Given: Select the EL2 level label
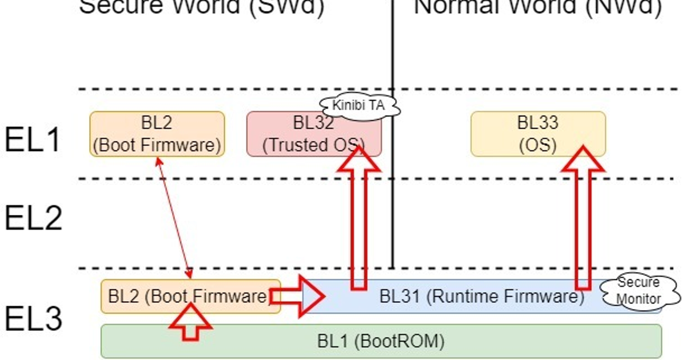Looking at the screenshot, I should pyautogui.click(x=33, y=217).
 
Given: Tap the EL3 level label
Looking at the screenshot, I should pyautogui.click(x=33, y=318).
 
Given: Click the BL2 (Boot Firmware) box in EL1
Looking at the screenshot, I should pyautogui.click(x=157, y=134).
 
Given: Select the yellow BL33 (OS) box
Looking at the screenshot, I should pyautogui.click(x=537, y=134).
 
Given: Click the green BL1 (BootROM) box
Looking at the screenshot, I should pyautogui.click(x=381, y=341).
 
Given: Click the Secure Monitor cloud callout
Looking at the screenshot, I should pyautogui.click(x=639, y=291).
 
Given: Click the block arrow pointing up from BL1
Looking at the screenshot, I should pyautogui.click(x=190, y=322).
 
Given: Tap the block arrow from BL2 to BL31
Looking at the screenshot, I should pyautogui.click(x=297, y=296).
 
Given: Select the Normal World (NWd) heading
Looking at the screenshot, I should pyautogui.click(x=537, y=7).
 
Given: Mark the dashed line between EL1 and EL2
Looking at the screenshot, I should pyautogui.click(x=229, y=179).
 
